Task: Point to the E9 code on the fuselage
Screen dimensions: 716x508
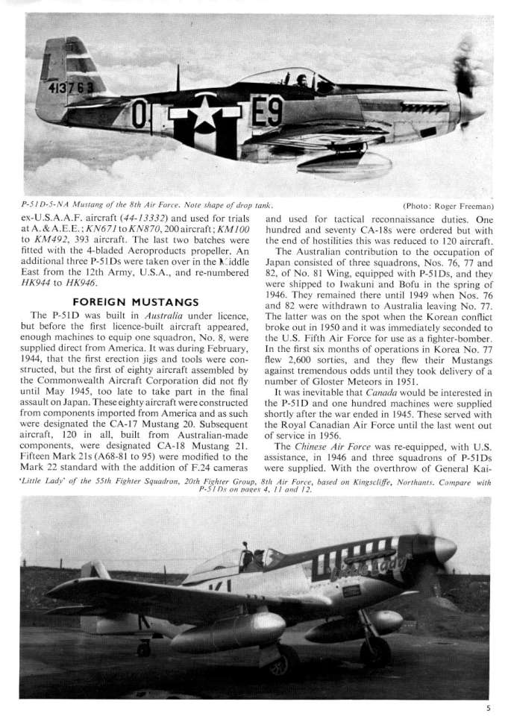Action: (266, 113)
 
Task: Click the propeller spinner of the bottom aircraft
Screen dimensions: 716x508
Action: (445, 550)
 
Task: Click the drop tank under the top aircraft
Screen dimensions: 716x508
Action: (343, 163)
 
